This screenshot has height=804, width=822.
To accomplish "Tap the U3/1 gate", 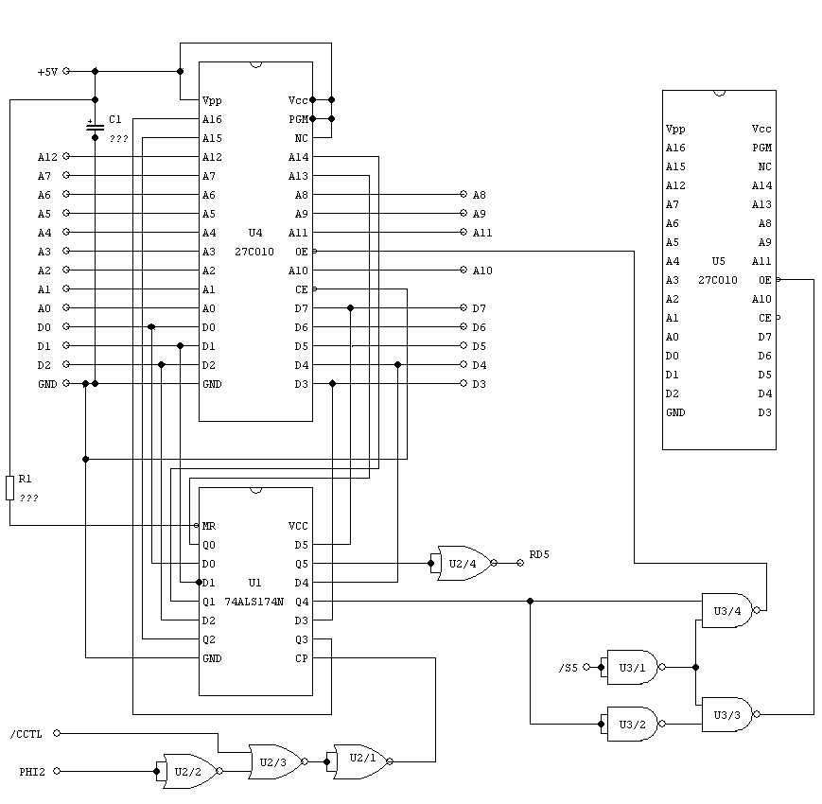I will pyautogui.click(x=632, y=667).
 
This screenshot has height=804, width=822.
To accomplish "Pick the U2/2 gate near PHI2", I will pyautogui.click(x=189, y=771).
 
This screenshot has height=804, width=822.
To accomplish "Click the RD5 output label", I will pyautogui.click(x=539, y=554).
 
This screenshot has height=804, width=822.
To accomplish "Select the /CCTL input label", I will pyautogui.click(x=26, y=733).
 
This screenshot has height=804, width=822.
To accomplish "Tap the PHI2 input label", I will pyautogui.click(x=32, y=772).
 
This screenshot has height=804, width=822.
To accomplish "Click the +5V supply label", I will pyautogui.click(x=47, y=72).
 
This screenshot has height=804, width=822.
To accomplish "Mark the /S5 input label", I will pyautogui.click(x=568, y=668).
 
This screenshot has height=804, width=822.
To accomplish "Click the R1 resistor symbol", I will pyautogui.click(x=10, y=488).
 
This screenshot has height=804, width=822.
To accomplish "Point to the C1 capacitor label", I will pyautogui.click(x=115, y=120).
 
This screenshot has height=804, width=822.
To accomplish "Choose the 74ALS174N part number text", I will pyautogui.click(x=254, y=602).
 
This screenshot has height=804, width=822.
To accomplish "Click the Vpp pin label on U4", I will pyautogui.click(x=211, y=100).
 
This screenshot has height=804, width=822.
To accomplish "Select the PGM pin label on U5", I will pyautogui.click(x=762, y=148).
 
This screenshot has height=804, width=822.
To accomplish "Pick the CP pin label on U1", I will pyautogui.click(x=302, y=658).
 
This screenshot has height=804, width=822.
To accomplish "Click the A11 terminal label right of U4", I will pyautogui.click(x=482, y=233).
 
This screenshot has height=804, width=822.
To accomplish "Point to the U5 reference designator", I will pyautogui.click(x=718, y=261).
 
